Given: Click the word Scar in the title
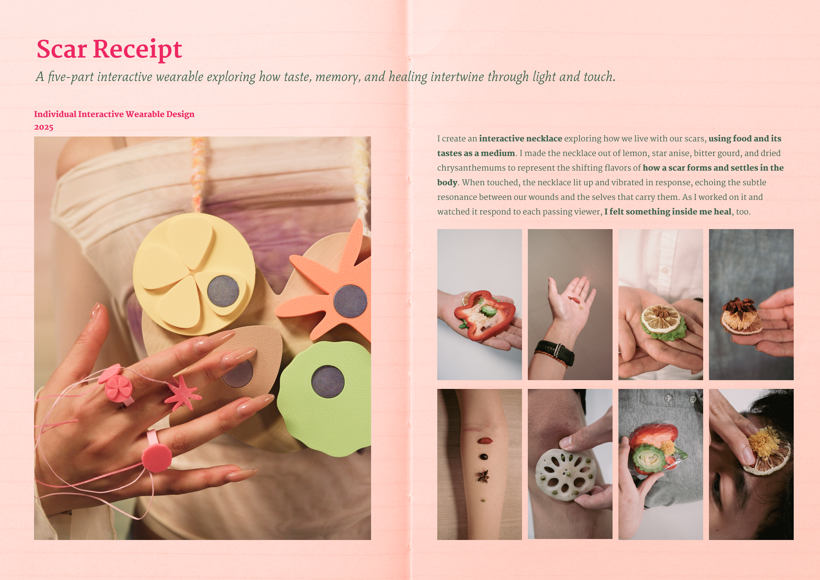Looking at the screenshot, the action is click(x=62, y=49).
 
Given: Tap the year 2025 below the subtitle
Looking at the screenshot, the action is click(x=44, y=127).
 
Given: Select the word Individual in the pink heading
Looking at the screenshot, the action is click(x=55, y=114).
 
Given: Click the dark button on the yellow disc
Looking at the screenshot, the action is click(x=223, y=291).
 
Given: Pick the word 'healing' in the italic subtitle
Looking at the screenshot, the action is click(x=408, y=77).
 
